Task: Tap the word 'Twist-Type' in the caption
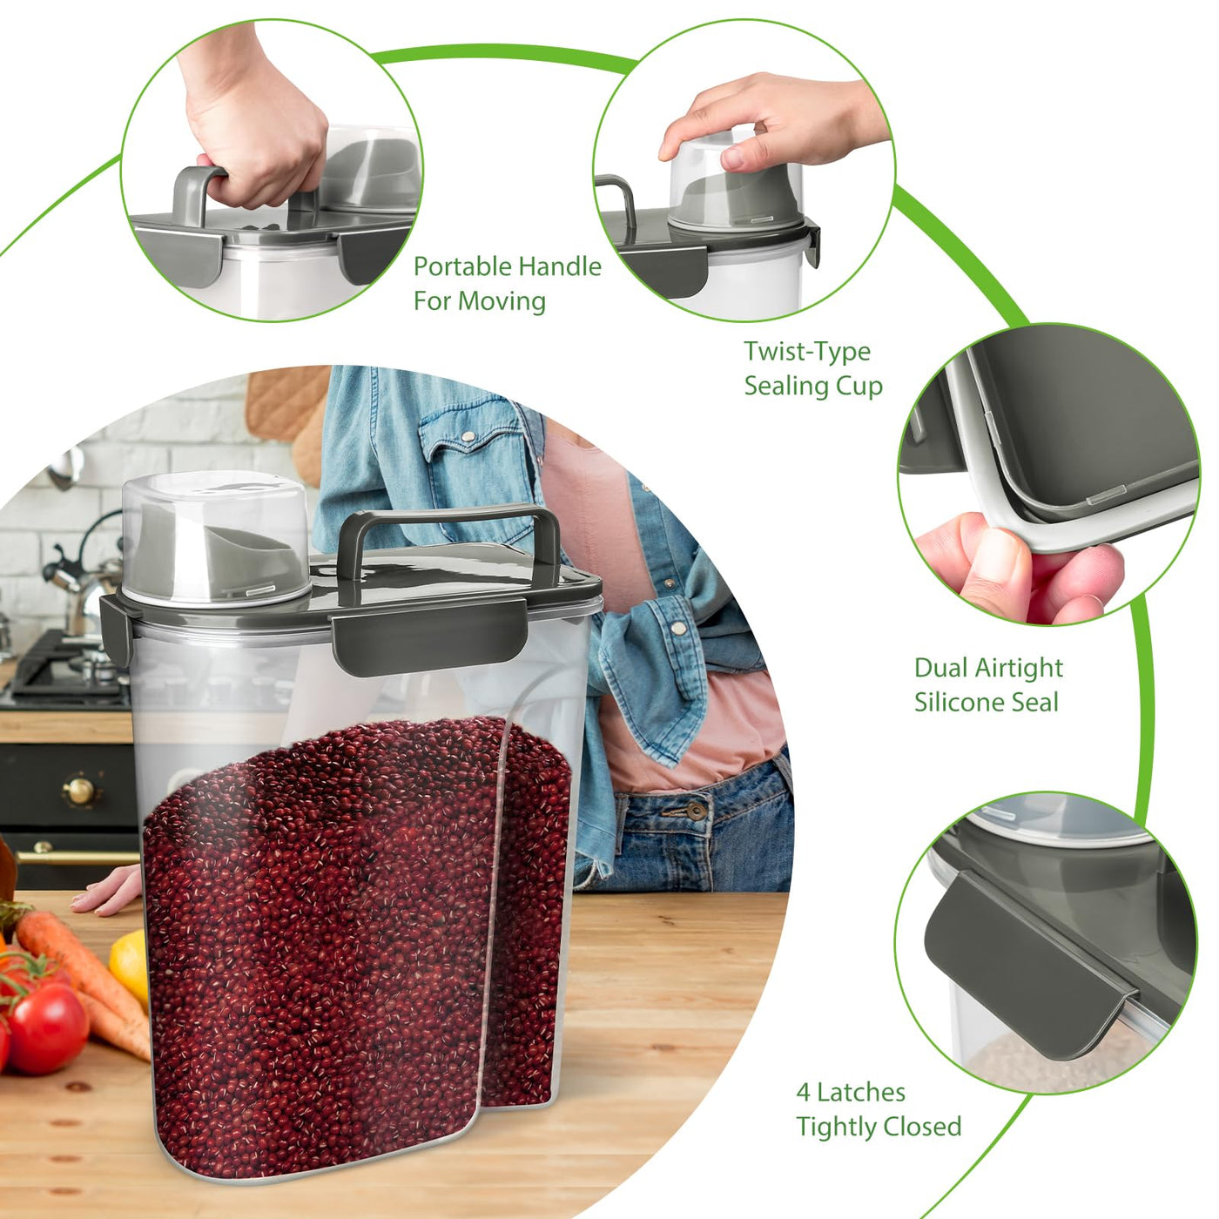807,353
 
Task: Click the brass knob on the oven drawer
80,791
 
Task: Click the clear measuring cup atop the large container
215,537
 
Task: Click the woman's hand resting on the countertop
105,889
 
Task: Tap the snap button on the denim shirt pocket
468,436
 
